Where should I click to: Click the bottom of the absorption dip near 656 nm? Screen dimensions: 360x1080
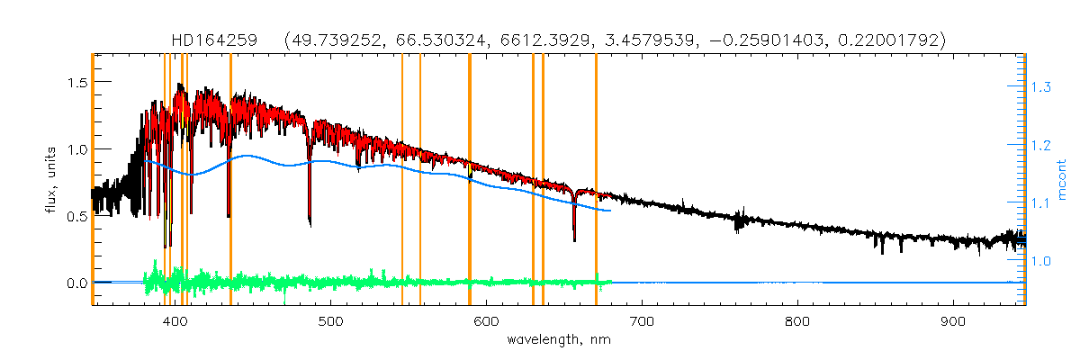pos(574,239)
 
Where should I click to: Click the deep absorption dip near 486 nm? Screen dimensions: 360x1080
pos(310,222)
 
